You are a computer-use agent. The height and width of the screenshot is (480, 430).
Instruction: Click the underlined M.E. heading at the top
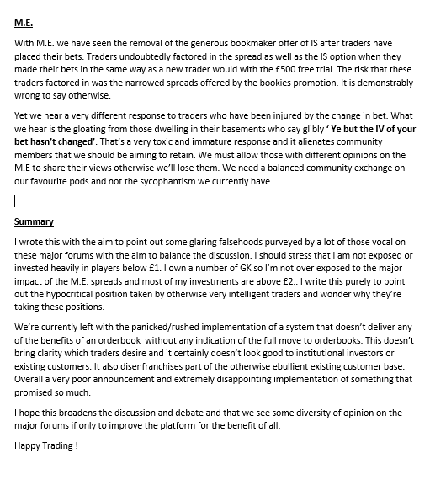(23, 23)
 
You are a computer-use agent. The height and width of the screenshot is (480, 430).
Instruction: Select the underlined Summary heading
(34, 221)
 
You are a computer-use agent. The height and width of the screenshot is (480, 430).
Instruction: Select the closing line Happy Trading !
(47, 444)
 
